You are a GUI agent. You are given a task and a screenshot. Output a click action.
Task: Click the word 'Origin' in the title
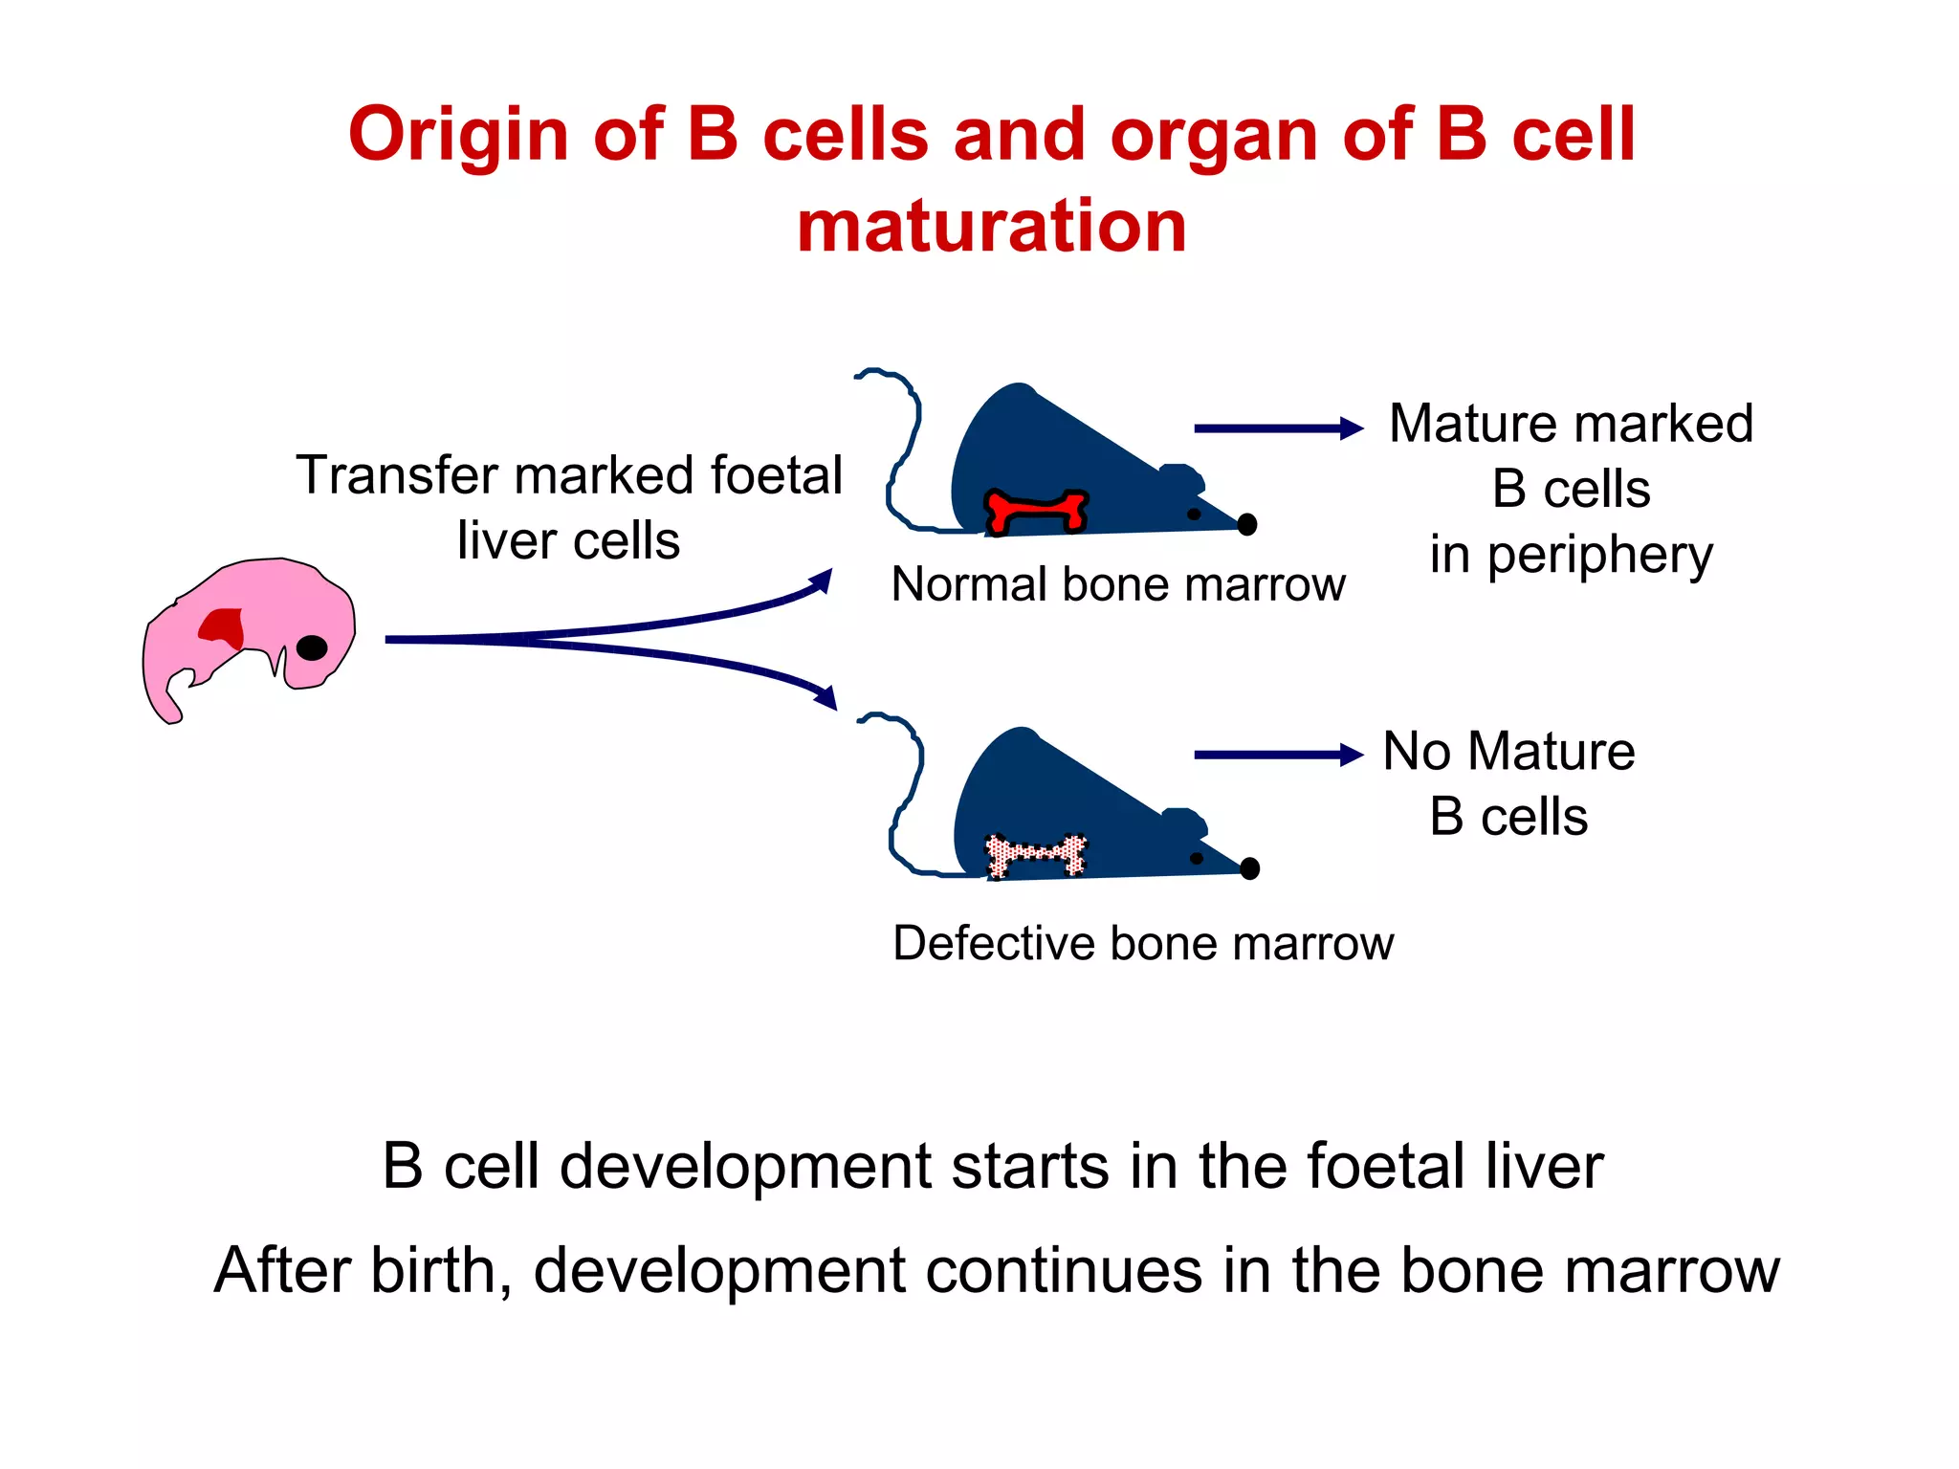[458, 135]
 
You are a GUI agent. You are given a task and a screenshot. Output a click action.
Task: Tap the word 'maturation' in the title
[992, 226]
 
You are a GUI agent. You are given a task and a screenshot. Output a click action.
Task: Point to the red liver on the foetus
[223, 627]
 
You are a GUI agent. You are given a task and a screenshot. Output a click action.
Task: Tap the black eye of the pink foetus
[312, 647]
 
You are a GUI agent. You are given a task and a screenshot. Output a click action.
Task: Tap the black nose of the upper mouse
[1246, 524]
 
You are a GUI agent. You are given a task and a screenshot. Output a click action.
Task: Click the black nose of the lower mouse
[1249, 868]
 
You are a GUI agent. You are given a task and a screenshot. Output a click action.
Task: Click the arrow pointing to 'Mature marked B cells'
[1277, 428]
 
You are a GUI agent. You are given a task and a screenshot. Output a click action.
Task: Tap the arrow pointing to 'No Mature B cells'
[1277, 755]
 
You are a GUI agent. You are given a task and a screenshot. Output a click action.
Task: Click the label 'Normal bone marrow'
[1117, 584]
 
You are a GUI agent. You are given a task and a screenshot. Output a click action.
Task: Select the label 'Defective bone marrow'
[1142, 943]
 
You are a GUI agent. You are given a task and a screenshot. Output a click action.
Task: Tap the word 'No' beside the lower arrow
[1417, 752]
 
